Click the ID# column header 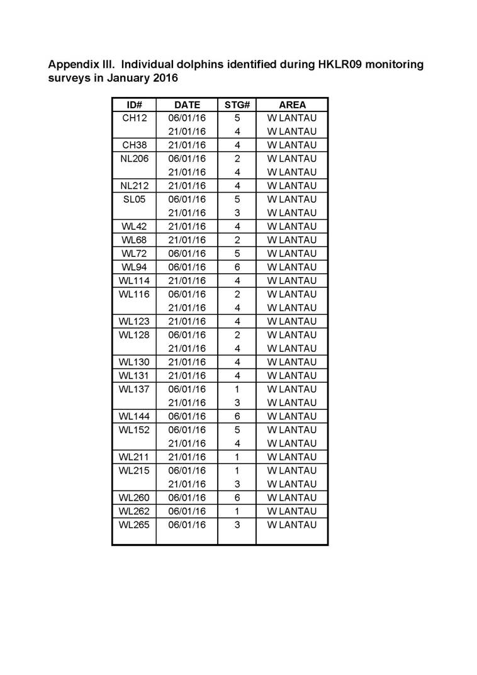tap(134, 105)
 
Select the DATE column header tap(187, 105)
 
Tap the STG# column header tap(237, 105)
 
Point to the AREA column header tap(292, 105)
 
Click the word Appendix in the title tap(74, 65)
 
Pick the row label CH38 tap(134, 145)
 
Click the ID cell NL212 tap(134, 186)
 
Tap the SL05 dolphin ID tap(134, 200)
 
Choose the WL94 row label tap(134, 267)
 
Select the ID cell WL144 tap(134, 416)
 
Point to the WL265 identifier tap(134, 525)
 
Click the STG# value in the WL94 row tap(237, 267)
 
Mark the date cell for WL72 tap(187, 254)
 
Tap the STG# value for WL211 tap(237, 457)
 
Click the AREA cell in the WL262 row tap(292, 511)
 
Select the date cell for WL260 tap(187, 497)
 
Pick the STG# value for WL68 tap(237, 240)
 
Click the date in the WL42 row tap(187, 227)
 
